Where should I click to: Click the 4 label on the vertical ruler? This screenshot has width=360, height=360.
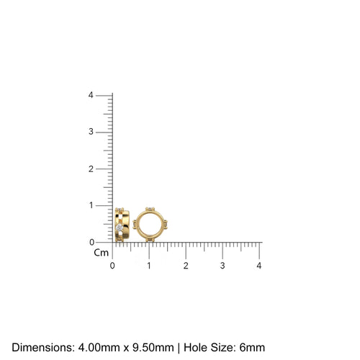[91, 95]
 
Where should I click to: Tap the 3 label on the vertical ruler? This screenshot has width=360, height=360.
[91, 132]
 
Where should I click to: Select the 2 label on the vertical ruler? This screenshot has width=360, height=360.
[91, 168]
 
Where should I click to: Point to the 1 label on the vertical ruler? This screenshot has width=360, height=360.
[91, 205]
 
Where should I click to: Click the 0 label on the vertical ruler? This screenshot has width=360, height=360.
[91, 242]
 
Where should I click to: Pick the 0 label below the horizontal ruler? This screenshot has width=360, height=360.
[112, 266]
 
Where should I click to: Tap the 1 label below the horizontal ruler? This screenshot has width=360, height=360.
[149, 266]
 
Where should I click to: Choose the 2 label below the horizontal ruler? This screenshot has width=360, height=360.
[186, 266]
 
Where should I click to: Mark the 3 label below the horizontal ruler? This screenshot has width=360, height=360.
[222, 266]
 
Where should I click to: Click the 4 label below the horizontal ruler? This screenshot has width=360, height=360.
[259, 266]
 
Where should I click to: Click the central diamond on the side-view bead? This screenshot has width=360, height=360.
[120, 228]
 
